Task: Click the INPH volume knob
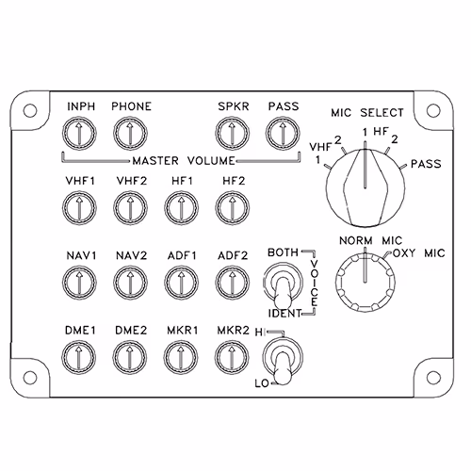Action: pyautogui.click(x=79, y=134)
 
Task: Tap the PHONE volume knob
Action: pyautogui.click(x=130, y=134)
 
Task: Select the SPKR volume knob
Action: pyautogui.click(x=233, y=134)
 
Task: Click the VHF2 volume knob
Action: pyautogui.click(x=130, y=208)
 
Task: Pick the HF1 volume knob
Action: pyautogui.click(x=181, y=208)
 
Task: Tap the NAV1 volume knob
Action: pyautogui.click(x=79, y=283)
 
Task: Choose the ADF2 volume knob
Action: pyautogui.click(x=233, y=283)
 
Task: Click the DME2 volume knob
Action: pyautogui.click(x=130, y=357)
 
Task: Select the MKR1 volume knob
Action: pyautogui.click(x=181, y=357)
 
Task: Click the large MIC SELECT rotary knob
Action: pyautogui.click(x=365, y=187)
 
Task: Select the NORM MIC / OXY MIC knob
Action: pyautogui.click(x=365, y=282)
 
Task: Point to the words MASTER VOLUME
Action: pyautogui.click(x=184, y=161)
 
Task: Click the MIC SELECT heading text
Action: pyautogui.click(x=367, y=113)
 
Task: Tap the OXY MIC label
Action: pyautogui.click(x=419, y=253)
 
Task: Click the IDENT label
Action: pyautogui.click(x=284, y=314)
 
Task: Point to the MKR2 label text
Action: pyautogui.click(x=233, y=331)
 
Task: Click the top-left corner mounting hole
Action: pyautogui.click(x=30, y=110)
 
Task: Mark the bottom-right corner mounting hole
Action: pyautogui.click(x=433, y=378)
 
